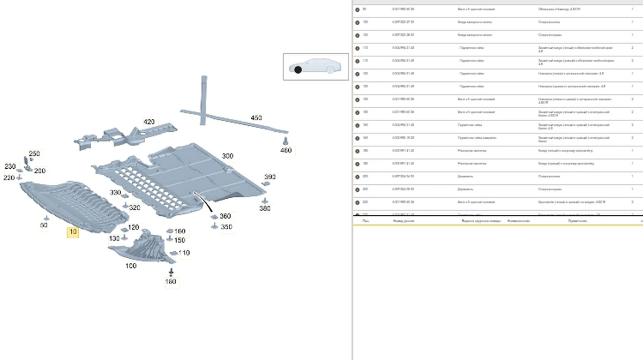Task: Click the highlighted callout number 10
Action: coord(72,232)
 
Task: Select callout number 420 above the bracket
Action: coord(149,122)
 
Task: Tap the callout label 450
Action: coord(256,118)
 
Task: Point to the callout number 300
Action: coord(227,156)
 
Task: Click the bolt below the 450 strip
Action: coord(285,140)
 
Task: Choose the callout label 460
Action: coord(286,151)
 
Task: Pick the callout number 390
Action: coord(270,177)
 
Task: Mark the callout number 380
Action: coord(265,208)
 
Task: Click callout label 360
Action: coord(225,216)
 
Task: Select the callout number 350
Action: coord(227,227)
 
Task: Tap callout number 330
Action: coord(116,192)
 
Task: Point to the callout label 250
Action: coord(34,154)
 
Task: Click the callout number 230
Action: coord(10,167)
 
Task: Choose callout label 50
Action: coord(44,226)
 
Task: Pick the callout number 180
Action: coord(170,282)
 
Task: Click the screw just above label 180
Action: coord(171,272)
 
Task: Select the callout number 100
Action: coord(131,266)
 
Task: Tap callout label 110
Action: coord(184,253)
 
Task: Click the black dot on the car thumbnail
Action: coord(298,70)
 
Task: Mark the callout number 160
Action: coord(180,231)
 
